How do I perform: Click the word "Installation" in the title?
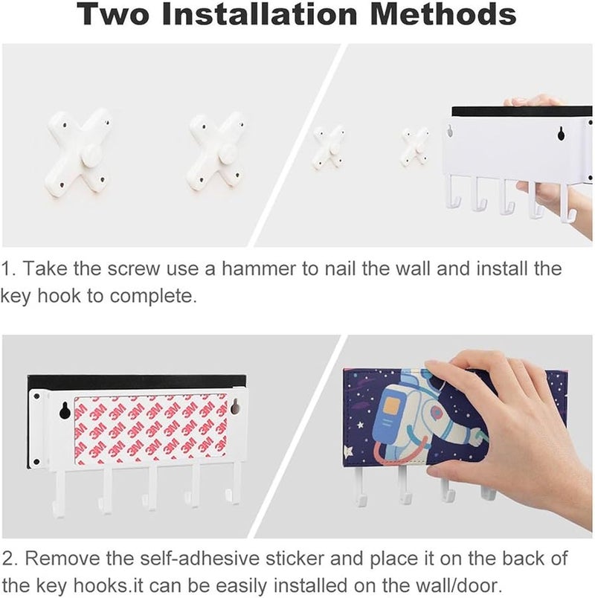pos(260,13)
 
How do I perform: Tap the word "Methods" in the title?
pos(443,13)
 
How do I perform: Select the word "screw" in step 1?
pos(134,269)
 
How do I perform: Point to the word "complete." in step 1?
pos(153,296)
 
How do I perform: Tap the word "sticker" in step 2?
pos(295,559)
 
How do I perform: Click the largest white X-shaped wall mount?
pos(78,152)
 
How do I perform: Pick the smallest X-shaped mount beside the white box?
pos(416,147)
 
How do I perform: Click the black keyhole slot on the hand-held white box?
pos(561,133)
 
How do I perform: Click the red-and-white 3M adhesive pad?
pos(150,430)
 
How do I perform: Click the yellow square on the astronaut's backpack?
pos(393,408)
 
